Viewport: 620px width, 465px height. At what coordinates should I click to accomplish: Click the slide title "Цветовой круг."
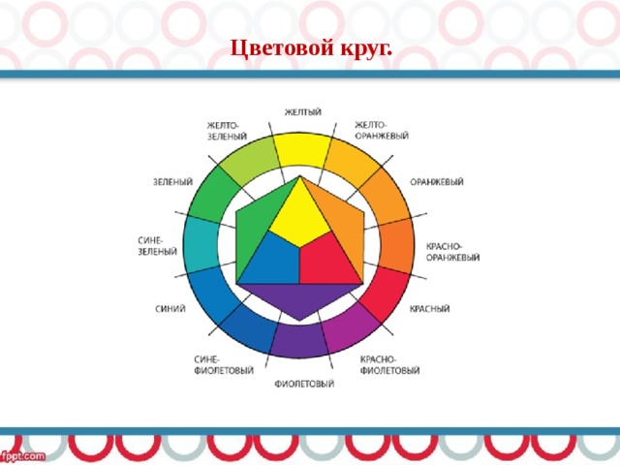(311, 49)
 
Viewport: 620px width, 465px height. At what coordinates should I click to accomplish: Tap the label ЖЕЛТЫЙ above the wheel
(303, 112)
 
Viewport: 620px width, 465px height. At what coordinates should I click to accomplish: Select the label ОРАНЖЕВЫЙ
(437, 182)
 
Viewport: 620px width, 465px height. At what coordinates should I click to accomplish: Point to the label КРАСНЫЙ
(429, 308)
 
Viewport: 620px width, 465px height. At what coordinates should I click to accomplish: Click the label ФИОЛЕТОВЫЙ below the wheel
(304, 384)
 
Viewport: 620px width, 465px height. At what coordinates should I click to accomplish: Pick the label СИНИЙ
(170, 309)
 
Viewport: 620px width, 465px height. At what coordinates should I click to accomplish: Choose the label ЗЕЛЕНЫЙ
(172, 182)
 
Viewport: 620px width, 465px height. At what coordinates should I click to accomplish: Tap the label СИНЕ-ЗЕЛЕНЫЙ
(157, 246)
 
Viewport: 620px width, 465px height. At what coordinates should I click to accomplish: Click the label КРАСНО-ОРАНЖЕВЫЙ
(452, 252)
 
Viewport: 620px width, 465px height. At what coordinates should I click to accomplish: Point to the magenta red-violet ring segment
(350, 329)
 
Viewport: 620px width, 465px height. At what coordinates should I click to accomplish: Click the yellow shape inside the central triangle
(299, 215)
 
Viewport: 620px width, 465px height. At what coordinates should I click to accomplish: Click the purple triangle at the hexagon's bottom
(299, 297)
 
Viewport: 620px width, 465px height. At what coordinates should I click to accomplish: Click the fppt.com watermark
(22, 456)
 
